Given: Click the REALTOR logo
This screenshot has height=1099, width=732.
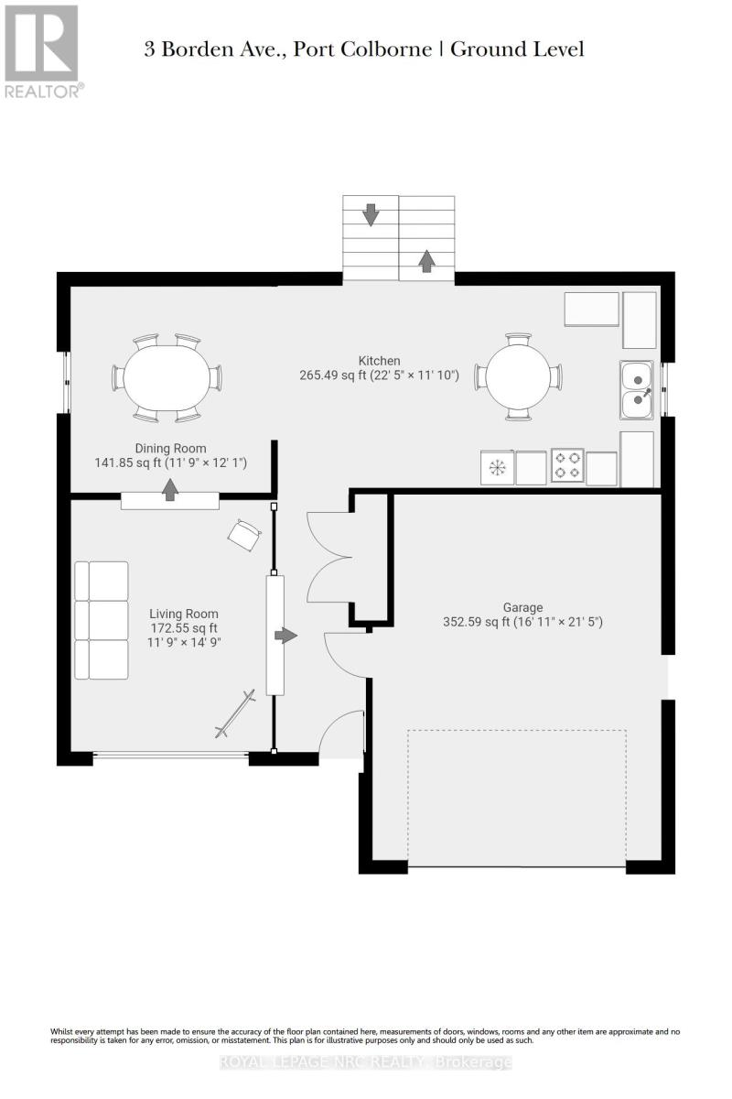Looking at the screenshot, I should click(42, 50).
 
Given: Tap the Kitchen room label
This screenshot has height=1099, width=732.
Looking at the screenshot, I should click(380, 361).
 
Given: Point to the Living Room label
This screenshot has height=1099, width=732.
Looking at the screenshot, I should click(184, 614).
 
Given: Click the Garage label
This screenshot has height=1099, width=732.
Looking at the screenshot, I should click(522, 606).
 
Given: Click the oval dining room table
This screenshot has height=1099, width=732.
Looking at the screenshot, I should click(167, 377).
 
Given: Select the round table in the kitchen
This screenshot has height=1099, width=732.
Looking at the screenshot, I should click(517, 377).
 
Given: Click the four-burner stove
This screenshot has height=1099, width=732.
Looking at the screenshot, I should click(566, 466).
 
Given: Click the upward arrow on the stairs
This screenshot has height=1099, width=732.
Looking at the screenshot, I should click(426, 260).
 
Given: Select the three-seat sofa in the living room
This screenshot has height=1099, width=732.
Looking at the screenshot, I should click(102, 620).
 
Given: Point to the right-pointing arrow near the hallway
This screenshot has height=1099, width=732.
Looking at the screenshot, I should click(286, 635).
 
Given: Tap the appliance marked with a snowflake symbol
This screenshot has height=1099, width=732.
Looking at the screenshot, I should click(497, 468).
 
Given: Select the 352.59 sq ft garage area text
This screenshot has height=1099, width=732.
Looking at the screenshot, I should click(522, 622).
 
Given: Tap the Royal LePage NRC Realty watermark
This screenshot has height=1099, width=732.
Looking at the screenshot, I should click(366, 1061).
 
